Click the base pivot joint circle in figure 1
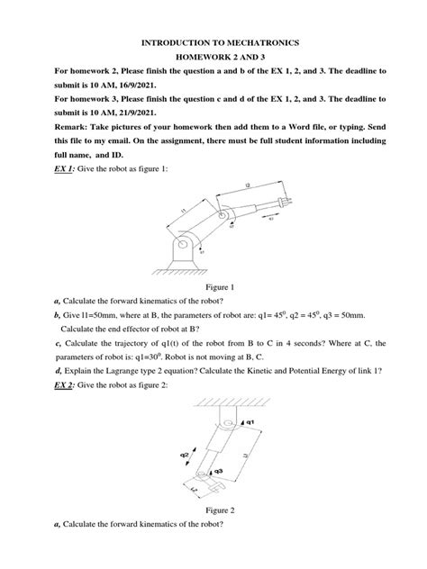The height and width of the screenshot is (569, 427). coord(184,240)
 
